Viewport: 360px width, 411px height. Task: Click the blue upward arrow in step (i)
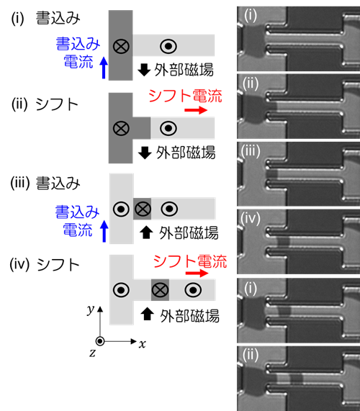[104, 68]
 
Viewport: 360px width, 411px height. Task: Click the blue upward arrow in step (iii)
[104, 231]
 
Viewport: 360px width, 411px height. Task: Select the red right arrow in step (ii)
[196, 110]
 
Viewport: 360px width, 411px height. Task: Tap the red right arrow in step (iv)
[197, 274]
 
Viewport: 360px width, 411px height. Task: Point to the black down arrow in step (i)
[144, 70]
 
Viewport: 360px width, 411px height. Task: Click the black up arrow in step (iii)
[146, 232]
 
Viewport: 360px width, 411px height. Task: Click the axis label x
[143, 343]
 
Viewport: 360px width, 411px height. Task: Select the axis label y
[91, 310]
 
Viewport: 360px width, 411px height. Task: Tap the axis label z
[92, 353]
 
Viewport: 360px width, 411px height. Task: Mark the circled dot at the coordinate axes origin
[100, 341]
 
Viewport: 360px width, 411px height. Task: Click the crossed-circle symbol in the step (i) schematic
[121, 46]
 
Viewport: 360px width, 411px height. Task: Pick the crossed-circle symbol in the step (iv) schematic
[160, 290]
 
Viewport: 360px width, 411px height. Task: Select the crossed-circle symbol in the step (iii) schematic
[143, 209]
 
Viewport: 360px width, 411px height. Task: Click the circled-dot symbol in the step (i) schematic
[168, 46]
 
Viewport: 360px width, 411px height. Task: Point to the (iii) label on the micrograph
[251, 151]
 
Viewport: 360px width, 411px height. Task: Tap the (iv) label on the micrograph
[251, 219]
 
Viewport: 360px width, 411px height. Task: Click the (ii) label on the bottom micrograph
[251, 355]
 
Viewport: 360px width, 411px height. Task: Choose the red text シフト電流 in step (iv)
[190, 261]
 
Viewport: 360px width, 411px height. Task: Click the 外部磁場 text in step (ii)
[186, 153]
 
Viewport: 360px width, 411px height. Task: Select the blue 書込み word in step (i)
[78, 44]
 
